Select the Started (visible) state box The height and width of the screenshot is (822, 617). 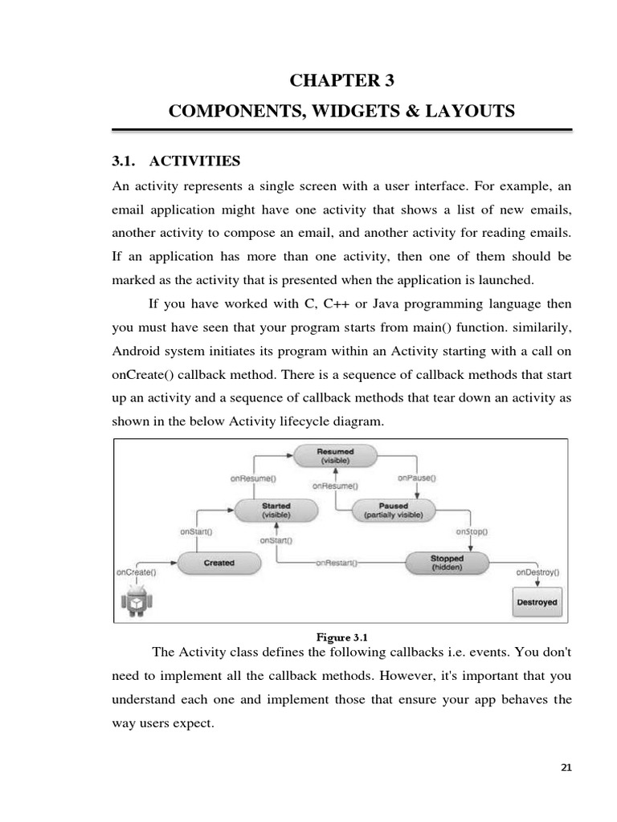pyautogui.click(x=276, y=510)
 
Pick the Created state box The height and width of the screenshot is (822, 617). pyautogui.click(x=219, y=563)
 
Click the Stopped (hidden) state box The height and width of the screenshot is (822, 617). pyautogui.click(x=447, y=563)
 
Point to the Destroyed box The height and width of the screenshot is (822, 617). pyautogui.click(x=537, y=601)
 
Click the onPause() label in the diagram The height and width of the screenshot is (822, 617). pyautogui.click(x=417, y=478)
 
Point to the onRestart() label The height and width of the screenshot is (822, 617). pyautogui.click(x=337, y=563)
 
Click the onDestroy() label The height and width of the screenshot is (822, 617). pyautogui.click(x=537, y=573)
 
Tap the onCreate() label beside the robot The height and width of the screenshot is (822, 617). pyautogui.click(x=136, y=572)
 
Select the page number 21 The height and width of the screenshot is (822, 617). pyautogui.click(x=566, y=767)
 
